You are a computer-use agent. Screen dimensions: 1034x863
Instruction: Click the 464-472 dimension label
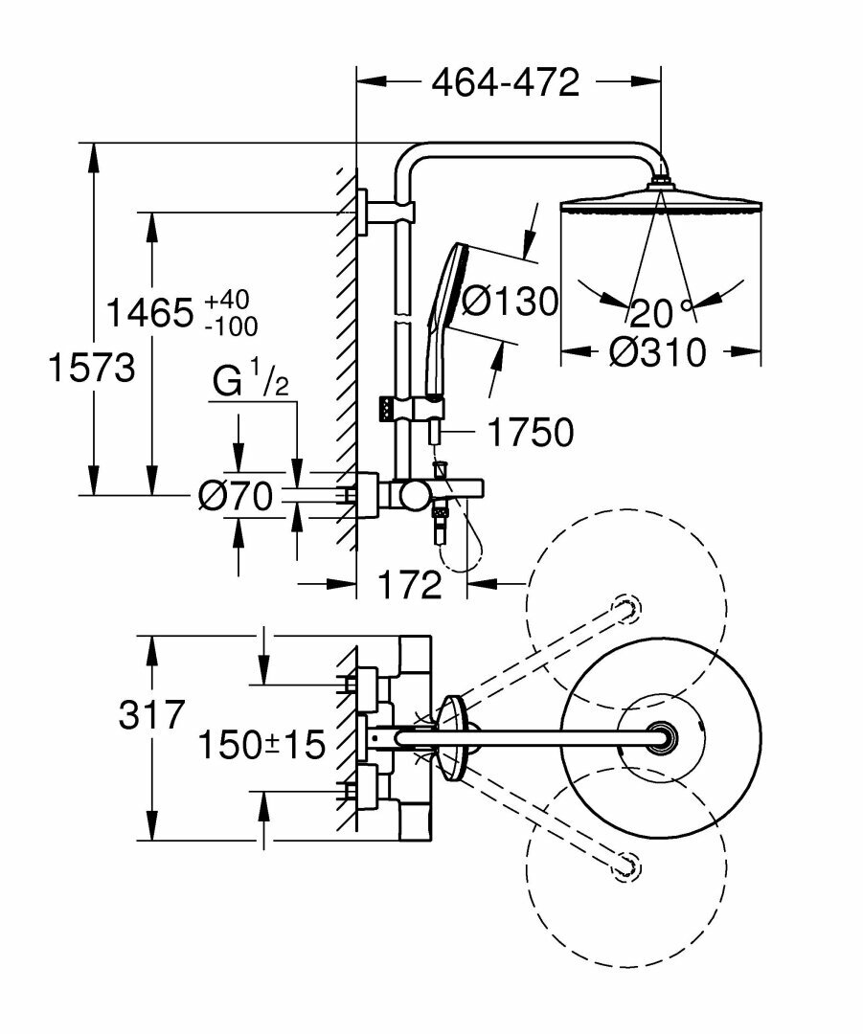[x=506, y=83]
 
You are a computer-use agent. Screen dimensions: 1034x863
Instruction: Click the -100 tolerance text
[x=231, y=326]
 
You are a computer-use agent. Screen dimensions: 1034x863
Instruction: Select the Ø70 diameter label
[x=236, y=495]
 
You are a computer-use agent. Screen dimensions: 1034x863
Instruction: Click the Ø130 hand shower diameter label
[x=510, y=303]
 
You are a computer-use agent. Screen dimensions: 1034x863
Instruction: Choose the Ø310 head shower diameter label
[x=657, y=352]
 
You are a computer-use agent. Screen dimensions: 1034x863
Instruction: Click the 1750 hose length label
[x=530, y=433]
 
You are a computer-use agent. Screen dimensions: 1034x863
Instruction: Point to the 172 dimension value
[x=409, y=583]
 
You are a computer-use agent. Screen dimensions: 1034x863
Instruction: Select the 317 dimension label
[x=150, y=714]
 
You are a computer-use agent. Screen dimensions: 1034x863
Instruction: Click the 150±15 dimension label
[x=261, y=744]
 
